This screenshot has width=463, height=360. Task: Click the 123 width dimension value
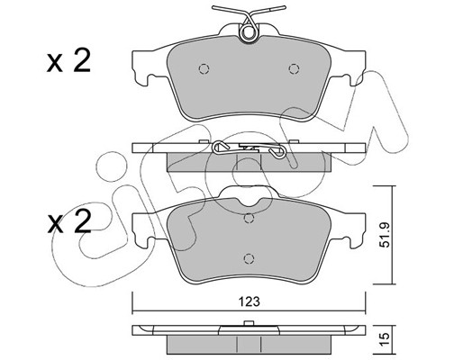tap(250, 301)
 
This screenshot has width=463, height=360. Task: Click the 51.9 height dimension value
tap(385, 235)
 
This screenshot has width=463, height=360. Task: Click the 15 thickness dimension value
tap(385, 338)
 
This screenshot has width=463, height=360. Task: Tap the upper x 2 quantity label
tap(68, 61)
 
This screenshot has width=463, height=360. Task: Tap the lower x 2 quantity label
tap(69, 222)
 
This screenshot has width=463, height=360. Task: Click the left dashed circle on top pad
tap(204, 69)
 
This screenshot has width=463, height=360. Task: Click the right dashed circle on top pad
tap(294, 69)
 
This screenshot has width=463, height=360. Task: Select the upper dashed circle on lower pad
tap(249, 219)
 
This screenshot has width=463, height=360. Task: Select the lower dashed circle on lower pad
tap(249, 258)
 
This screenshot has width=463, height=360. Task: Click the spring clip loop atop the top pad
tap(249, 32)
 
